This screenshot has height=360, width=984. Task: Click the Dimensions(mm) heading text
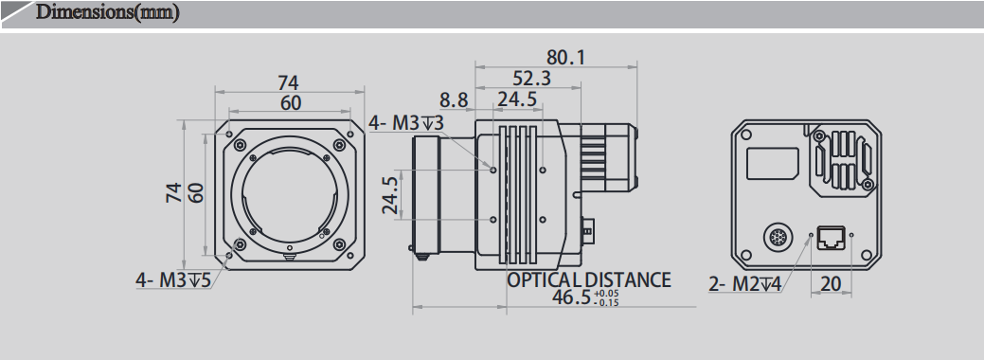106,13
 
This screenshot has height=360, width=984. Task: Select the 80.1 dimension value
565,58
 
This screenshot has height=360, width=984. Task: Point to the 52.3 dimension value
532,79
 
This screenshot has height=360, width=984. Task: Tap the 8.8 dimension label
454,99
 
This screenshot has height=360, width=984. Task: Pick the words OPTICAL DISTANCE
588,279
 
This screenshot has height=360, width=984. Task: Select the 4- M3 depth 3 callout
405,122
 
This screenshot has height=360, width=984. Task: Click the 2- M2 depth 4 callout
744,282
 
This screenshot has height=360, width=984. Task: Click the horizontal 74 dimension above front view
290,81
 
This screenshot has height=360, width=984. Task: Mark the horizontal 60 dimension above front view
290,102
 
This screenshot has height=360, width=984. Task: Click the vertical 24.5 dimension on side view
390,196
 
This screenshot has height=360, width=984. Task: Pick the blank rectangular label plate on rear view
773,163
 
